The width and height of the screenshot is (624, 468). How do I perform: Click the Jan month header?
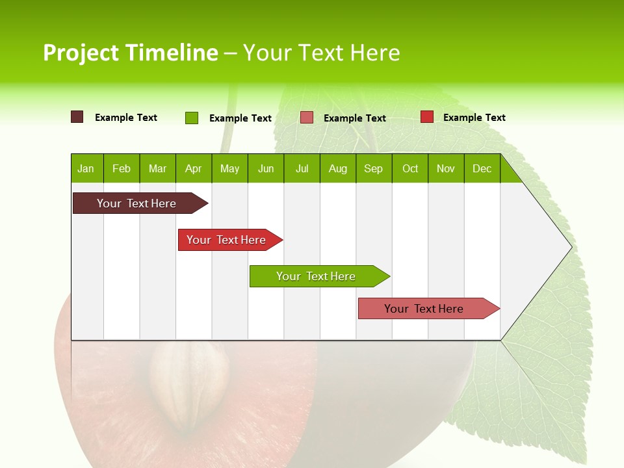[x=86, y=169]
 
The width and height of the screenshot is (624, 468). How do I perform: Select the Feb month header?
[x=122, y=169]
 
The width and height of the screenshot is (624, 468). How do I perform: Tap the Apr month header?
[x=193, y=169]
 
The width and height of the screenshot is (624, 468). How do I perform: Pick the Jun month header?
[x=266, y=169]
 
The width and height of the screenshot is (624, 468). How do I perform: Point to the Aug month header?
[x=337, y=169]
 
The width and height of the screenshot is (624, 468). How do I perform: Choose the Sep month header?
[x=373, y=169]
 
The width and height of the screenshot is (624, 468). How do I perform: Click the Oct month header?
[x=410, y=169]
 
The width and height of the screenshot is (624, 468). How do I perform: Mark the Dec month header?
[x=482, y=169]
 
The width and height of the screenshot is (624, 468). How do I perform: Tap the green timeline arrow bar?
[x=317, y=276]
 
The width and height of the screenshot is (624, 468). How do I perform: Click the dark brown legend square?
[x=77, y=117]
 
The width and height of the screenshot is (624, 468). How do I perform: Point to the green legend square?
[x=191, y=118]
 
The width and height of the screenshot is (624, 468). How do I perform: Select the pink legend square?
[x=307, y=118]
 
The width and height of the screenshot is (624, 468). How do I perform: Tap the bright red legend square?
[x=427, y=117]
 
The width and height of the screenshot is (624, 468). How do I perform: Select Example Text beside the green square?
[x=240, y=118]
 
